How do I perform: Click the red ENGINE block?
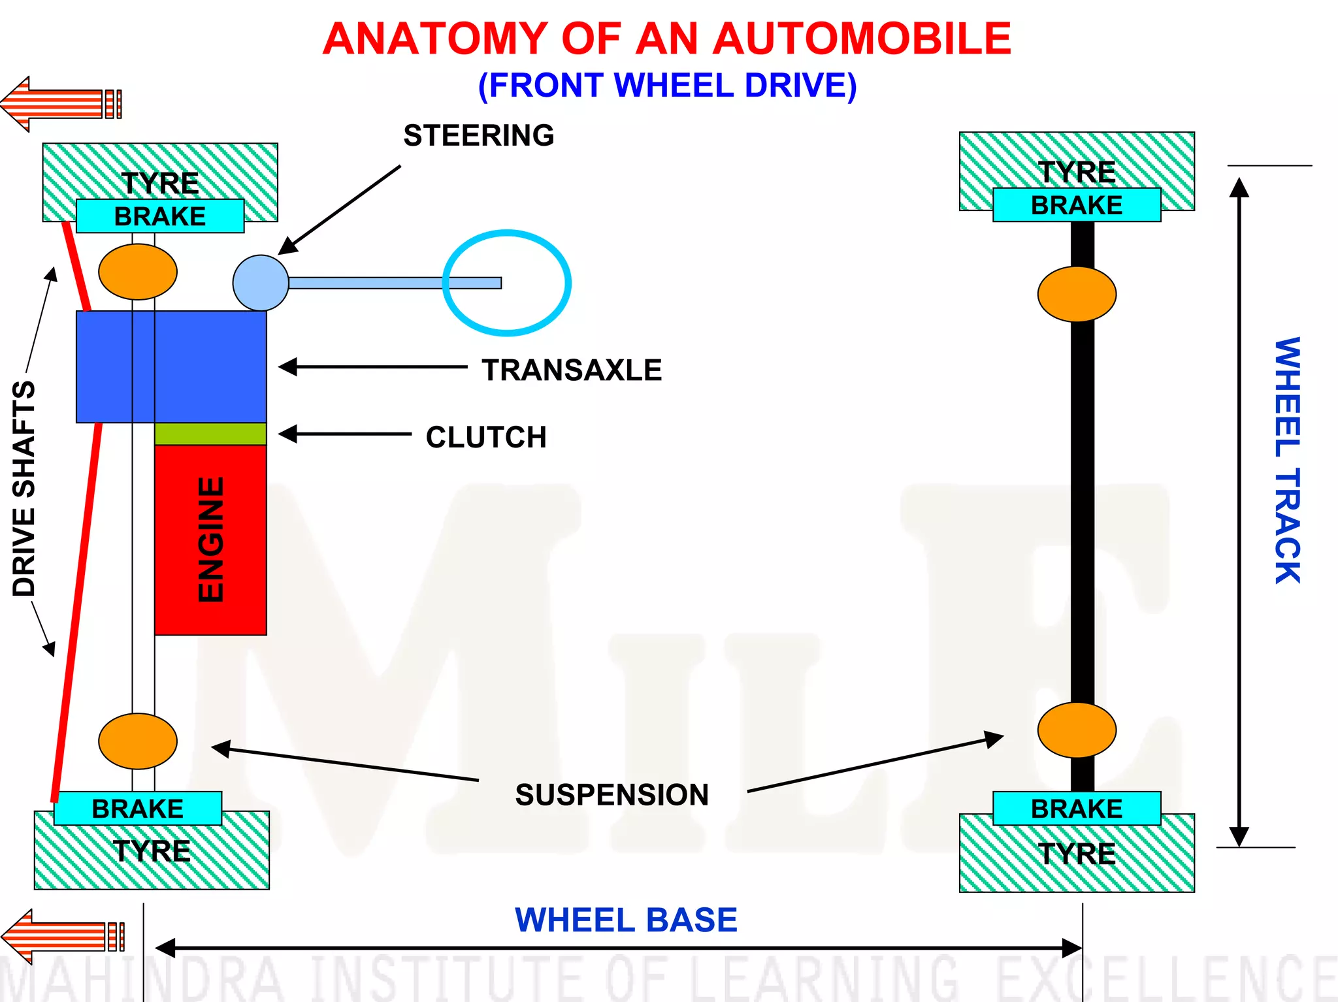click(210, 540)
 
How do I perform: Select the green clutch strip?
click(210, 434)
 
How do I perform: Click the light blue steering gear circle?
click(260, 283)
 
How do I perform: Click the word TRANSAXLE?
click(572, 370)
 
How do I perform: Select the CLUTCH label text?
click(486, 437)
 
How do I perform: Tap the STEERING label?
click(478, 135)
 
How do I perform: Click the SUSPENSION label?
click(612, 794)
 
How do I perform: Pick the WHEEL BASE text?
click(626, 920)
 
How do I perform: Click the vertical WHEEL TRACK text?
click(1287, 460)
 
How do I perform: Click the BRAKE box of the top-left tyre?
click(160, 216)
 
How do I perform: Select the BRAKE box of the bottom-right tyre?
click(1076, 808)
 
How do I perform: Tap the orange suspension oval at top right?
click(1076, 294)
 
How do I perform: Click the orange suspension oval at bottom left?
click(137, 741)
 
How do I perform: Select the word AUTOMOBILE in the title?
click(861, 39)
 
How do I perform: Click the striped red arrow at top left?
click(59, 103)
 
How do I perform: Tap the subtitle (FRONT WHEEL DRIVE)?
click(667, 86)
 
